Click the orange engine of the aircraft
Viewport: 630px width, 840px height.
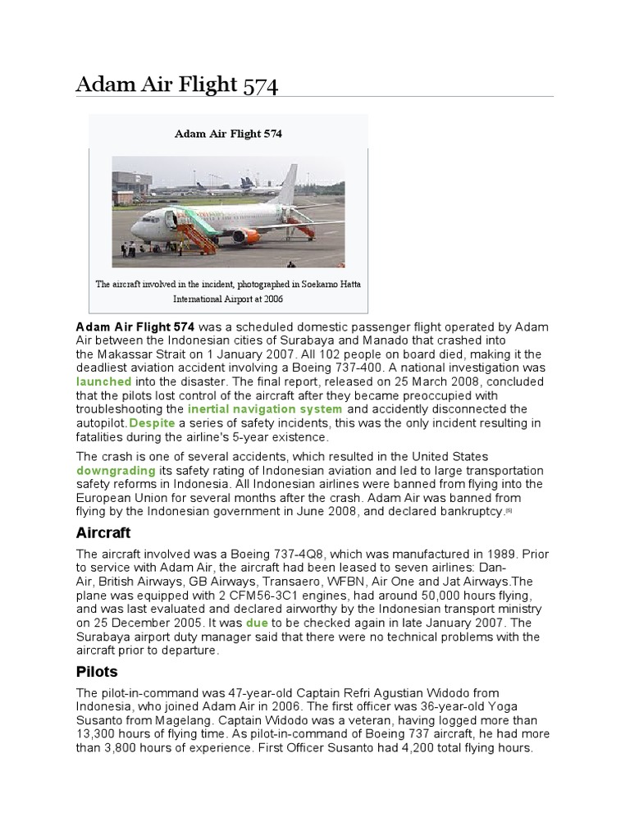[246, 236]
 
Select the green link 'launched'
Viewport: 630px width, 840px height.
[103, 381]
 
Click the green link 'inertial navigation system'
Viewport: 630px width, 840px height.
[265, 409]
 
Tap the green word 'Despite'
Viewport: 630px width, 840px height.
[153, 422]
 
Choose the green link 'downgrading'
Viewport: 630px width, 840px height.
[116, 470]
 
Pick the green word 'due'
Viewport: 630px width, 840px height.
[257, 623]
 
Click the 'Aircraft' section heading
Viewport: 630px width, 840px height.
[104, 532]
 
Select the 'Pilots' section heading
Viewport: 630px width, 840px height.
[97, 672]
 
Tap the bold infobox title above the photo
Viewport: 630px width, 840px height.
[228, 134]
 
